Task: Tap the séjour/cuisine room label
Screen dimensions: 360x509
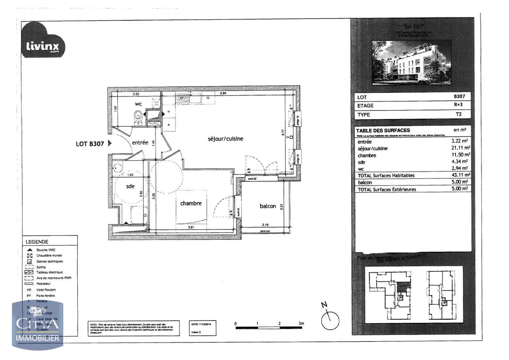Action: pyautogui.click(x=225, y=139)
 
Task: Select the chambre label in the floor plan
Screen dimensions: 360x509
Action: pyautogui.click(x=191, y=203)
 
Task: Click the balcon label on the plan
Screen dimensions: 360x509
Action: pyautogui.click(x=268, y=206)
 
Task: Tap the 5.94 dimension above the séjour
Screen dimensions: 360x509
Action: pyautogui.click(x=223, y=93)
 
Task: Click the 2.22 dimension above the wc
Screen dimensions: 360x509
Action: pyautogui.click(x=136, y=94)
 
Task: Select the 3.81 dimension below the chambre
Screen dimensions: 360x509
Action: pyautogui.click(x=191, y=227)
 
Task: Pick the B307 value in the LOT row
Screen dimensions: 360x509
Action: pyautogui.click(x=459, y=96)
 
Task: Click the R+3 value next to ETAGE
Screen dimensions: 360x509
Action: pyautogui.click(x=458, y=105)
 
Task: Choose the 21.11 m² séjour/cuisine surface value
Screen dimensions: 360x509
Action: pyautogui.click(x=460, y=148)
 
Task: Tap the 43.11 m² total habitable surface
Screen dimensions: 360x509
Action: pyautogui.click(x=460, y=175)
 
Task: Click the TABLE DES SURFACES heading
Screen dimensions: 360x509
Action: pyautogui.click(x=383, y=130)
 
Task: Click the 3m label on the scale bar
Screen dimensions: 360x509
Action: pyautogui.click(x=301, y=323)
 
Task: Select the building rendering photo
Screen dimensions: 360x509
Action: pyautogui.click(x=412, y=63)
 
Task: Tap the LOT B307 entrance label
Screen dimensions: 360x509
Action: pyautogui.click(x=90, y=144)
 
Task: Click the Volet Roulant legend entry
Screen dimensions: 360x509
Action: pyautogui.click(x=46, y=290)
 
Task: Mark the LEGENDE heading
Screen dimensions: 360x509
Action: pyautogui.click(x=37, y=242)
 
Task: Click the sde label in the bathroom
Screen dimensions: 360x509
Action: pyautogui.click(x=130, y=186)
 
